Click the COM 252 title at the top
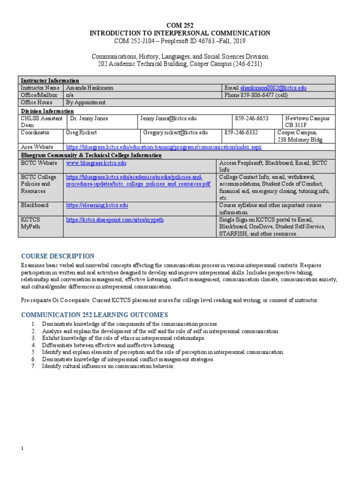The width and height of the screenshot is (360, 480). (x=180, y=25)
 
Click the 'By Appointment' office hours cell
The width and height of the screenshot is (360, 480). (x=86, y=103)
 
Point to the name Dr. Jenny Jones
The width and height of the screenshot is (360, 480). (x=89, y=119)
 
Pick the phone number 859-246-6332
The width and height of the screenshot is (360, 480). (x=242, y=133)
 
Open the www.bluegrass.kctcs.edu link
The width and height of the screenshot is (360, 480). (x=96, y=163)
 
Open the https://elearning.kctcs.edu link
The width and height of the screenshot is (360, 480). (x=97, y=205)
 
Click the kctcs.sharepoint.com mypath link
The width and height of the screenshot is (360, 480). (x=115, y=219)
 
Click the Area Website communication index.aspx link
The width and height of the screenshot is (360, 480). (x=164, y=147)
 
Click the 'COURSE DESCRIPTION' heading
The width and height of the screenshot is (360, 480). (x=58, y=256)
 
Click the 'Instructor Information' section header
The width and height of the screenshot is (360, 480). (x=50, y=81)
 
